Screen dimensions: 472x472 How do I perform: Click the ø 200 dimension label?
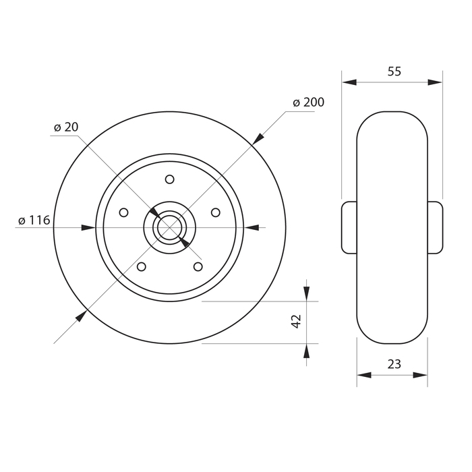pos(309,102)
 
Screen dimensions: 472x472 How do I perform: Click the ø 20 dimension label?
pos(66,127)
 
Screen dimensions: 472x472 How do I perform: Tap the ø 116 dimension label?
pos(34,220)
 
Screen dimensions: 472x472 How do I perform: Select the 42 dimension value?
pos(297,321)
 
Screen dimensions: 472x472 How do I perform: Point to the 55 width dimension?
pos(394,71)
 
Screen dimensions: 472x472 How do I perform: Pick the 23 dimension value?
pos(394,365)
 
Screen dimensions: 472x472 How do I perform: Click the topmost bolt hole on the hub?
pos(169,179)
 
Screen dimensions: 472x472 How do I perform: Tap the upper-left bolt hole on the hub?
pos(123,212)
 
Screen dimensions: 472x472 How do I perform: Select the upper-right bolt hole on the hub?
pos(216,212)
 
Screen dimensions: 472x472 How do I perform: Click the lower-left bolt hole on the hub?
pos(142,267)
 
